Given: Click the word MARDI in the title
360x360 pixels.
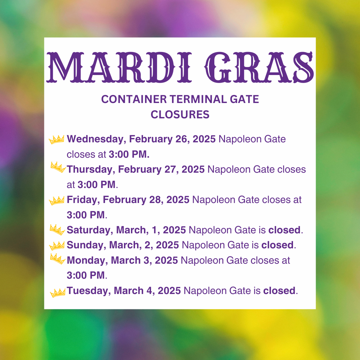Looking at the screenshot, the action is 119,67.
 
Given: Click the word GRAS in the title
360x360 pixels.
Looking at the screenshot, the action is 259,67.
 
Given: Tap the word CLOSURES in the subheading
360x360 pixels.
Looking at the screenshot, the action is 180,115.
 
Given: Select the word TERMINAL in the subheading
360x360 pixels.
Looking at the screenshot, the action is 198,99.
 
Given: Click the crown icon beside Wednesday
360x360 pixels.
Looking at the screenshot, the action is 56,139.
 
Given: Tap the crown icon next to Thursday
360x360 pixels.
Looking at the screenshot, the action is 58,167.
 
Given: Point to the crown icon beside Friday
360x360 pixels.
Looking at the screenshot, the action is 56,201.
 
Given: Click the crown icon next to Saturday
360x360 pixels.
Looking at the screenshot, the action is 57,230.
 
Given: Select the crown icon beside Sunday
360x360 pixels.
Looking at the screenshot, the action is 57,246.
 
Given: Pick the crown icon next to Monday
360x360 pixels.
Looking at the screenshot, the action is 58,259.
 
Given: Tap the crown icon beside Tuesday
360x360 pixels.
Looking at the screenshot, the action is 58,293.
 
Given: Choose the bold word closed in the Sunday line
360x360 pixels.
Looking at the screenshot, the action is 277,245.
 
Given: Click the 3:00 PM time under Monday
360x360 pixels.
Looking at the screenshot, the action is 86,275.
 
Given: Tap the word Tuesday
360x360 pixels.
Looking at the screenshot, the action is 89,291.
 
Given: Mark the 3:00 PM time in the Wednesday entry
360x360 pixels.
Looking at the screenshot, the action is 129,154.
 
